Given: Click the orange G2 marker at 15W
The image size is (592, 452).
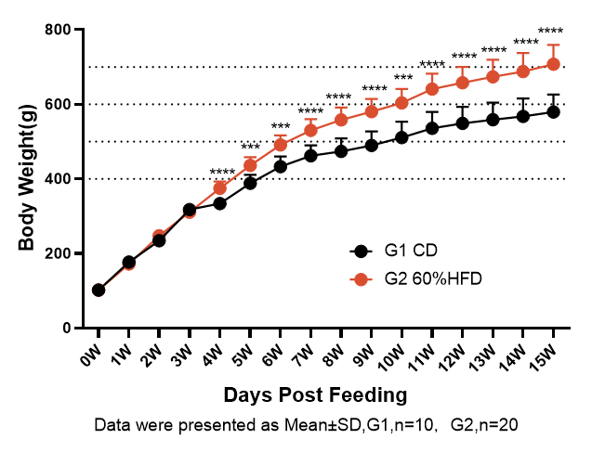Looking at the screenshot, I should (553, 64).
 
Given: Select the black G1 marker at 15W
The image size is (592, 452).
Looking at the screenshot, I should (553, 111).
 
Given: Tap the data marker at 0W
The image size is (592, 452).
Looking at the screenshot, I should (99, 290).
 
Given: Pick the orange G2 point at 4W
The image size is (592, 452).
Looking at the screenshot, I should (220, 187).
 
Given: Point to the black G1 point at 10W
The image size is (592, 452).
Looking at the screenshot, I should (401, 137).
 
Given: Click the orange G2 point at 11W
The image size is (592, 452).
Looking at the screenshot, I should (432, 89).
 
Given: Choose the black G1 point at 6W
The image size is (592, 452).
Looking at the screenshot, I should (281, 166).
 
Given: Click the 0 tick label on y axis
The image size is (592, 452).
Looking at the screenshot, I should (67, 328).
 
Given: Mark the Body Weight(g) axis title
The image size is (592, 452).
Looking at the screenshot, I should (27, 178).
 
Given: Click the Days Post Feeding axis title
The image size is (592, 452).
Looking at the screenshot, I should (315, 394).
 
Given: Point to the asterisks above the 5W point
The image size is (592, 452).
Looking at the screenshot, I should (250, 147).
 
